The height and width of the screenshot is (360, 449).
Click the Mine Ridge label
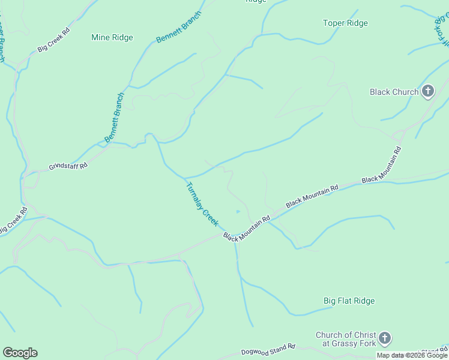tap(112, 37)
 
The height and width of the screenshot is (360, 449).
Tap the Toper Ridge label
tap(345, 23)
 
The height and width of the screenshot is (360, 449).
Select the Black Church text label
tap(394, 92)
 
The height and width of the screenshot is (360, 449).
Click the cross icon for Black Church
tap(427, 91)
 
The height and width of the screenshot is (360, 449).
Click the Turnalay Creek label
tap(202, 204)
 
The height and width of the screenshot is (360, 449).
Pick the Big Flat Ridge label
tap(349, 301)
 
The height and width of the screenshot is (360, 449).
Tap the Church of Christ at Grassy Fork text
tap(346, 339)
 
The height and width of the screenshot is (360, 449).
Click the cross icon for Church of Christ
tap(385, 339)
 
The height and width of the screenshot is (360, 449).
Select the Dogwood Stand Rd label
tap(268, 349)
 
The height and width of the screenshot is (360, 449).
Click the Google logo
tap(20, 353)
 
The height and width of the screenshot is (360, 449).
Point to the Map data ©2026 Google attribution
tap(411, 355)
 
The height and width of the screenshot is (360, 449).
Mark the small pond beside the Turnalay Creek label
tap(238, 211)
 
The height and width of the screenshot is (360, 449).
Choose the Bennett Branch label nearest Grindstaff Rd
tap(114, 118)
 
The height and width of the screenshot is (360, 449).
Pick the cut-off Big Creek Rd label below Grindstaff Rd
tap(12, 220)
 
